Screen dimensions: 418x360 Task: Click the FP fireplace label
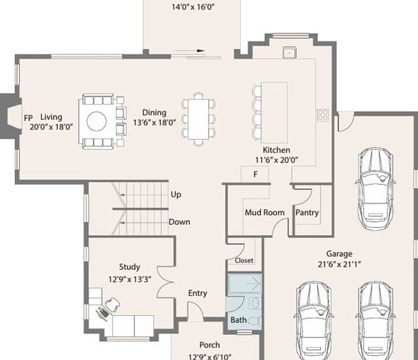tap(28, 118)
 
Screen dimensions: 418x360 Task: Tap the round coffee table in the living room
tap(96, 121)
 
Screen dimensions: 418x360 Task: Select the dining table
tap(198, 119)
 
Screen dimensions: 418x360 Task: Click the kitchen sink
tap(289, 52)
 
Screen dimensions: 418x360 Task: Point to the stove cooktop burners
tap(323, 115)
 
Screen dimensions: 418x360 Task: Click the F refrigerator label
tap(256, 174)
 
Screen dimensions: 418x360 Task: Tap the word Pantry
tap(307, 212)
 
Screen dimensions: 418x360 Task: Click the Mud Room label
tap(265, 212)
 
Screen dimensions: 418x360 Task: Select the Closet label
tap(244, 260)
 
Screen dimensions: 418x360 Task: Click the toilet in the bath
tap(255, 321)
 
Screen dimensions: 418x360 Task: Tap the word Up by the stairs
tap(176, 194)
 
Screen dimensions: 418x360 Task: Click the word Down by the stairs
tap(179, 222)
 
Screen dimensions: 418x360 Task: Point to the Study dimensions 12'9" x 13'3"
tap(130, 279)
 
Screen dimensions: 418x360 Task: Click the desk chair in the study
tap(112, 303)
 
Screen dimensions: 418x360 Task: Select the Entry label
tap(197, 293)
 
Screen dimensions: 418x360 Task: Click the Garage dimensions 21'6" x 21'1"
tap(339, 264)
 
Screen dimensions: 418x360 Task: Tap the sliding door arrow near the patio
tap(189, 51)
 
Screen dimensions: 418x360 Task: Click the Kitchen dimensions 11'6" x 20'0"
tap(276, 160)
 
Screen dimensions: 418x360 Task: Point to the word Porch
tap(209, 345)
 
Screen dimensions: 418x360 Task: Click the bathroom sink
tap(255, 303)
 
